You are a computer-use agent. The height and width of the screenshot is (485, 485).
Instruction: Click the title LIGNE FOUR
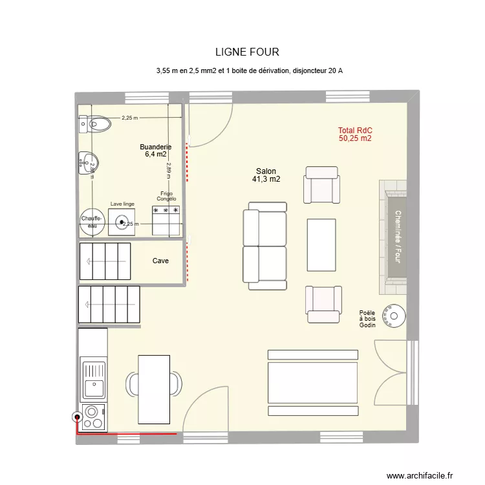click(x=248, y=52)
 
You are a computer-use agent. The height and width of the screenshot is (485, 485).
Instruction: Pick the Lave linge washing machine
click(x=122, y=223)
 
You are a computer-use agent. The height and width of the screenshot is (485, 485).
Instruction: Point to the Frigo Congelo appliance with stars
click(x=166, y=219)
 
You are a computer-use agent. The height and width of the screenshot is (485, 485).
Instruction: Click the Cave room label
click(x=160, y=261)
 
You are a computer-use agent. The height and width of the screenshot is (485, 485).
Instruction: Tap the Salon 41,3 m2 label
click(x=266, y=175)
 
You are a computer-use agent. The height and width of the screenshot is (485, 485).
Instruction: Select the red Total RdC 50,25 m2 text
click(x=354, y=134)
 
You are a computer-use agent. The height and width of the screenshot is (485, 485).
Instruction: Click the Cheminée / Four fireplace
click(x=394, y=237)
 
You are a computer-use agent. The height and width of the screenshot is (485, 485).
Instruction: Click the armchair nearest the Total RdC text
click(x=322, y=185)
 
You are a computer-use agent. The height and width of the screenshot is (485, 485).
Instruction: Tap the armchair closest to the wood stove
click(x=323, y=304)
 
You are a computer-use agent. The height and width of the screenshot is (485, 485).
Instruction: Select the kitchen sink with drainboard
click(x=93, y=378)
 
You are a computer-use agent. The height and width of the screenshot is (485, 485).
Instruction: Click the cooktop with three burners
click(x=93, y=416)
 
